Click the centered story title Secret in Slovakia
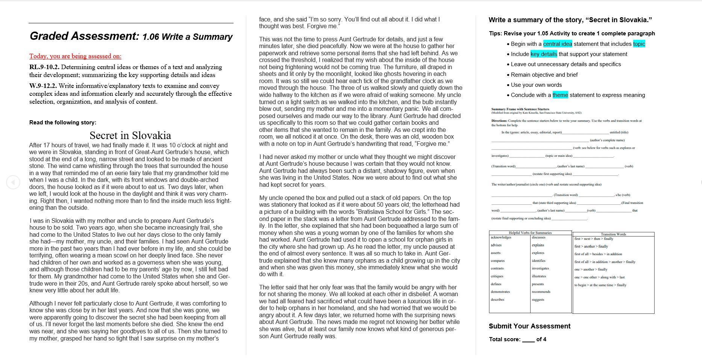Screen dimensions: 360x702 click(130, 136)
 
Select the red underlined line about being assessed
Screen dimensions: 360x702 click(75, 56)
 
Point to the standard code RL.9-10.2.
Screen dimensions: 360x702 click(44, 67)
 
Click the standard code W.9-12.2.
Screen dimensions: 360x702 click(43, 86)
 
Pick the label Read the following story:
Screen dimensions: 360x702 click(63, 123)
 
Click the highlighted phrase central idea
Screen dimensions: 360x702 click(557, 44)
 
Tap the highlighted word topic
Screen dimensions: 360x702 click(639, 44)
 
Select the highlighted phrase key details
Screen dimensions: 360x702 click(544, 54)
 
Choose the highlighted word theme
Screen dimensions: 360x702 click(560, 95)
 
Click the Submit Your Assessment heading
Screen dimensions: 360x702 click(529, 326)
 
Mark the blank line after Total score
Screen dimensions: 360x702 click(528, 340)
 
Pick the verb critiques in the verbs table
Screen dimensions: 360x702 click(497, 276)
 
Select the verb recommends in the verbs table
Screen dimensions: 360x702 click(541, 292)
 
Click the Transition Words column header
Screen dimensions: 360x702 click(613, 234)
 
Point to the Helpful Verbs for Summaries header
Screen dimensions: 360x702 click(530, 233)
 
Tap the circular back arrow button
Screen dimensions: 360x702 click(13, 182)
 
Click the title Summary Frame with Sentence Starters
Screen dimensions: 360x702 click(520, 109)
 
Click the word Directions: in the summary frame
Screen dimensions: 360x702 click(499, 121)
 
